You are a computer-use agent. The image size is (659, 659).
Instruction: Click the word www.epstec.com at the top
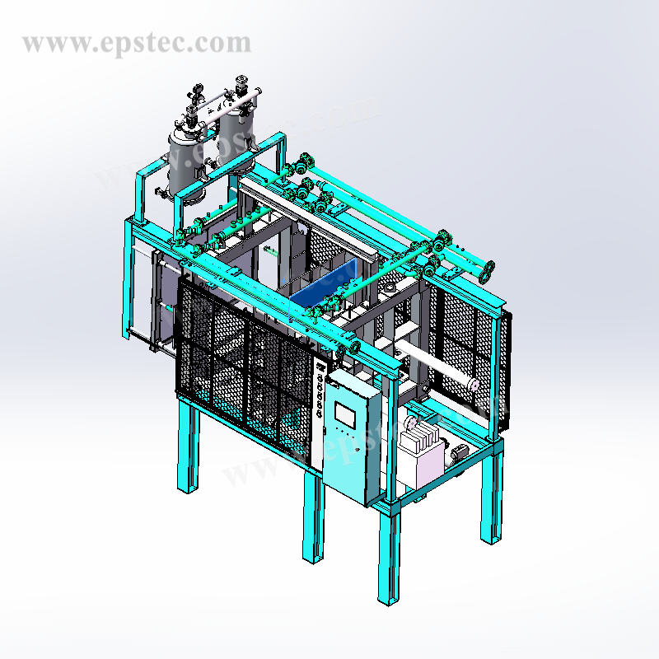tap(137, 42)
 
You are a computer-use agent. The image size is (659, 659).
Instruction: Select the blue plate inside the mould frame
tap(321, 283)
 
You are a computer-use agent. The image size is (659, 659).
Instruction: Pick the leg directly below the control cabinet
tap(312, 519)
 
